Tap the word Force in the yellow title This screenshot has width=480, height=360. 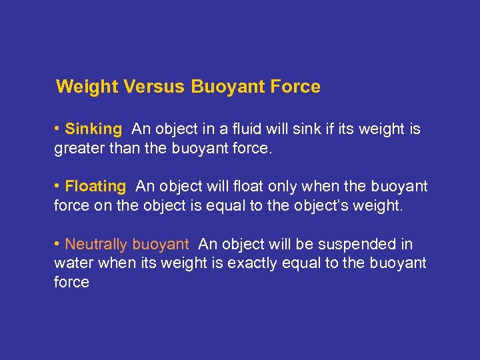pos(295,87)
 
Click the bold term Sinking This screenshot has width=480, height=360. pos(93,129)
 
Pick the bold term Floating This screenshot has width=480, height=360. pos(95,187)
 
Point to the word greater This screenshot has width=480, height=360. pos(77,147)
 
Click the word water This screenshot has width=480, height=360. pos(73,263)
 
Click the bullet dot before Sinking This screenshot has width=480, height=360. pos(58,128)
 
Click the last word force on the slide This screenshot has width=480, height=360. pos(71,282)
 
